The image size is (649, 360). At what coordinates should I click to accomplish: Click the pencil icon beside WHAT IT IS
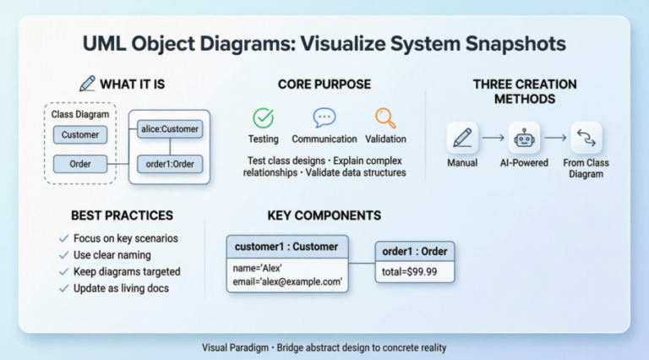click(87, 84)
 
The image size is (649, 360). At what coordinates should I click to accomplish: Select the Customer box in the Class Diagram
click(80, 134)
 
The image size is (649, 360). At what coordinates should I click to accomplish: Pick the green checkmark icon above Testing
click(263, 118)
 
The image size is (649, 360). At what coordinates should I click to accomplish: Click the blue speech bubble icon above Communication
click(324, 118)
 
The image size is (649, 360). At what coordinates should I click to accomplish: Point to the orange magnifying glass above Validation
click(385, 118)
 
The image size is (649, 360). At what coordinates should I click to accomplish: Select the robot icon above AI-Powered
click(524, 137)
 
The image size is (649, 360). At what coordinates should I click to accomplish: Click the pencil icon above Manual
click(461, 137)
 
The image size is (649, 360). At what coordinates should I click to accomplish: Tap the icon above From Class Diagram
click(586, 137)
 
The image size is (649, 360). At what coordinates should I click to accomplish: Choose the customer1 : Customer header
click(287, 247)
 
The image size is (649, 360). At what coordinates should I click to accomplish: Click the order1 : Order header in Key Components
click(415, 251)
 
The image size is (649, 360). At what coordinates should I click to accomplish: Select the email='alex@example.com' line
click(287, 281)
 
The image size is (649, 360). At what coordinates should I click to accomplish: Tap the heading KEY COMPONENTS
click(324, 215)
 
